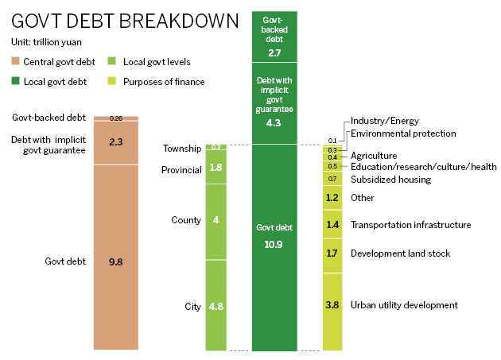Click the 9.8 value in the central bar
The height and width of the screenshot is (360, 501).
click(115, 261)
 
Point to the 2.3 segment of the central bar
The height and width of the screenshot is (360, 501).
click(115, 143)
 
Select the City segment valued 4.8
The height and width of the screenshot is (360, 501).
click(216, 306)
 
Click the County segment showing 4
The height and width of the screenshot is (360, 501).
click(216, 220)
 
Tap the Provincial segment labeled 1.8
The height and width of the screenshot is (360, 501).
click(216, 168)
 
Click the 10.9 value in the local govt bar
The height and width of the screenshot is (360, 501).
click(274, 242)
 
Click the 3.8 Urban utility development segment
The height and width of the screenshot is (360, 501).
click(332, 305)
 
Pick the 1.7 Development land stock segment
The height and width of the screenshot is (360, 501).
click(332, 254)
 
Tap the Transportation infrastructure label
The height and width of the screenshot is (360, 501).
click(410, 225)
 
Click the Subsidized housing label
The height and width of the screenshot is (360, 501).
click(390, 180)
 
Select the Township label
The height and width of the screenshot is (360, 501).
click(181, 149)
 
